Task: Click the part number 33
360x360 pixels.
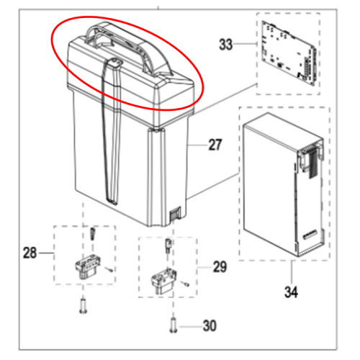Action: tap(225, 45)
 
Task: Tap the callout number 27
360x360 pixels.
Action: tap(215, 145)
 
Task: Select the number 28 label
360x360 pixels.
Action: tap(30, 253)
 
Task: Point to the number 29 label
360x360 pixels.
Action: tap(220, 267)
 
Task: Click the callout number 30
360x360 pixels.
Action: tap(210, 325)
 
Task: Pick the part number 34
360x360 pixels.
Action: tap(291, 292)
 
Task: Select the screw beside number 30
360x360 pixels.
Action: tap(174, 325)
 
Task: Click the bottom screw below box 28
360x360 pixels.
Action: tap(83, 305)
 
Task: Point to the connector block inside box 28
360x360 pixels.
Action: tap(88, 268)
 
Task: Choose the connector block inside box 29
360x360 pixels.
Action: tap(164, 282)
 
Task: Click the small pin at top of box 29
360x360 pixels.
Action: tap(168, 246)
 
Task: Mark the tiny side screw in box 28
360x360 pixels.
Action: tap(109, 269)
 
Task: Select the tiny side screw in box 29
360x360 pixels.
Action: tap(185, 284)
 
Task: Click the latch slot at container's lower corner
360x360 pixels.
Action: tap(175, 213)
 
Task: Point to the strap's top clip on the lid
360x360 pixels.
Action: tap(115, 63)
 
